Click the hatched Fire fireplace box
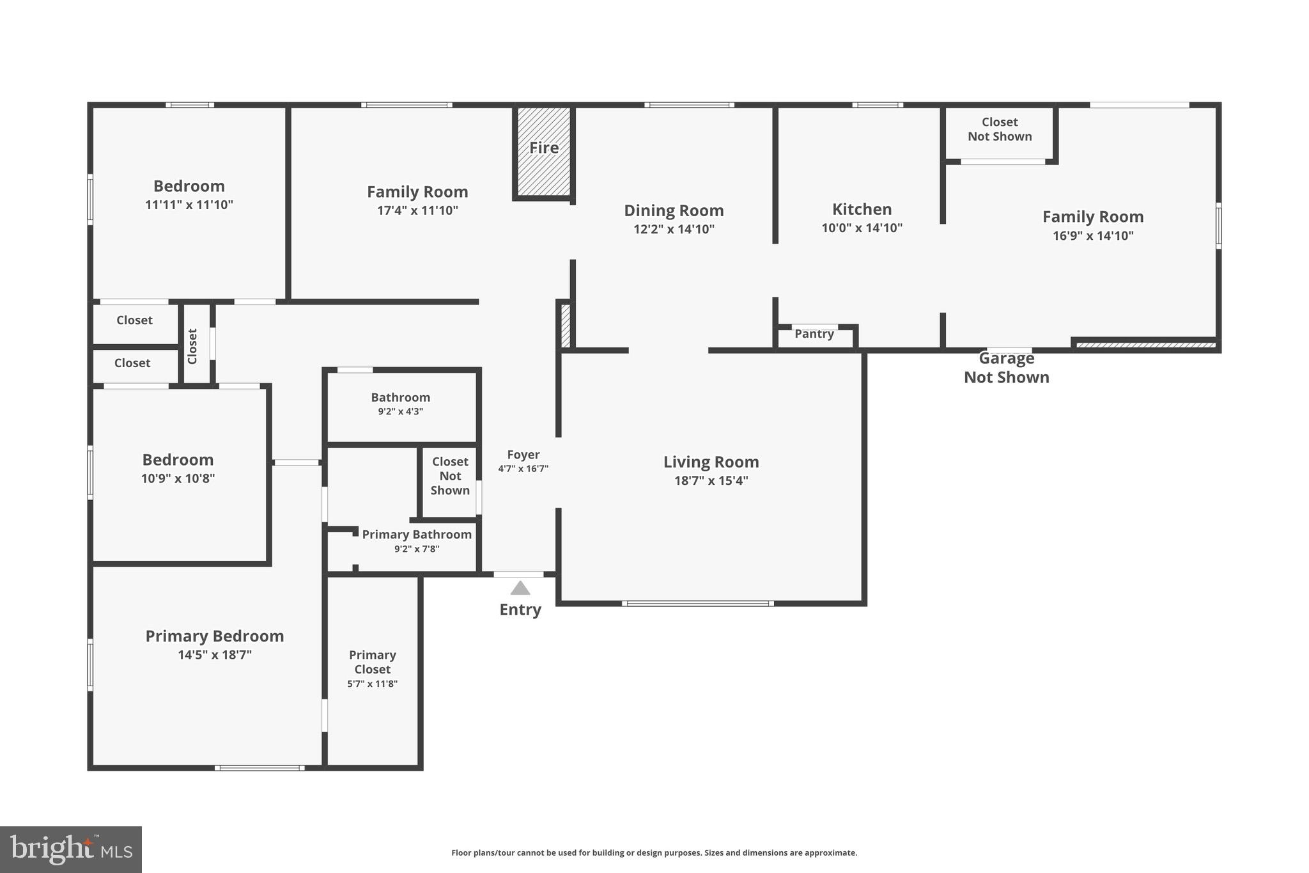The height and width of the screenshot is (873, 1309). click(543, 151)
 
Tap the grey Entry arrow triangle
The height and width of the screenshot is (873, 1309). click(520, 588)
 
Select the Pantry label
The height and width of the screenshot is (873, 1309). click(814, 334)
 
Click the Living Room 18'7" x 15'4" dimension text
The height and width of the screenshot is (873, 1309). click(711, 480)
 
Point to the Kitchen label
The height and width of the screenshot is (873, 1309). click(862, 209)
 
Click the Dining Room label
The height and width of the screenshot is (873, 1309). click(674, 210)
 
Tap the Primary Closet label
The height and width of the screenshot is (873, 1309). click(372, 662)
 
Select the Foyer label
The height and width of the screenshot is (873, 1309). click(523, 455)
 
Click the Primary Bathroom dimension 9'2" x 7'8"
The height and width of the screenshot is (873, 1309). click(417, 549)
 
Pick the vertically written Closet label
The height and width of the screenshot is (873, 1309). click(192, 346)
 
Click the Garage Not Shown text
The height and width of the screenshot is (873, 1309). click(1006, 368)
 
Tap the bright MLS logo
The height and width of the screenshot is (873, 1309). click(70, 849)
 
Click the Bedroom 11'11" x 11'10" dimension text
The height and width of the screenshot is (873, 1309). click(189, 205)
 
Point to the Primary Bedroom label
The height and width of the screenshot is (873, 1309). click(214, 636)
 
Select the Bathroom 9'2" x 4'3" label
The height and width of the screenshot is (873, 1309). click(400, 404)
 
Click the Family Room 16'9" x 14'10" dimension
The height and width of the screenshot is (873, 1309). click(1093, 235)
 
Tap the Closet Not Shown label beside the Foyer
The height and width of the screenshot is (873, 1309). click(449, 476)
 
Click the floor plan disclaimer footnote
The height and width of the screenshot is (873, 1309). click(654, 853)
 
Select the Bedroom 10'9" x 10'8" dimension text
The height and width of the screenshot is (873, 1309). click(178, 478)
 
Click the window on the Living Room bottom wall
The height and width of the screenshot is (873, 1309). click(697, 603)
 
